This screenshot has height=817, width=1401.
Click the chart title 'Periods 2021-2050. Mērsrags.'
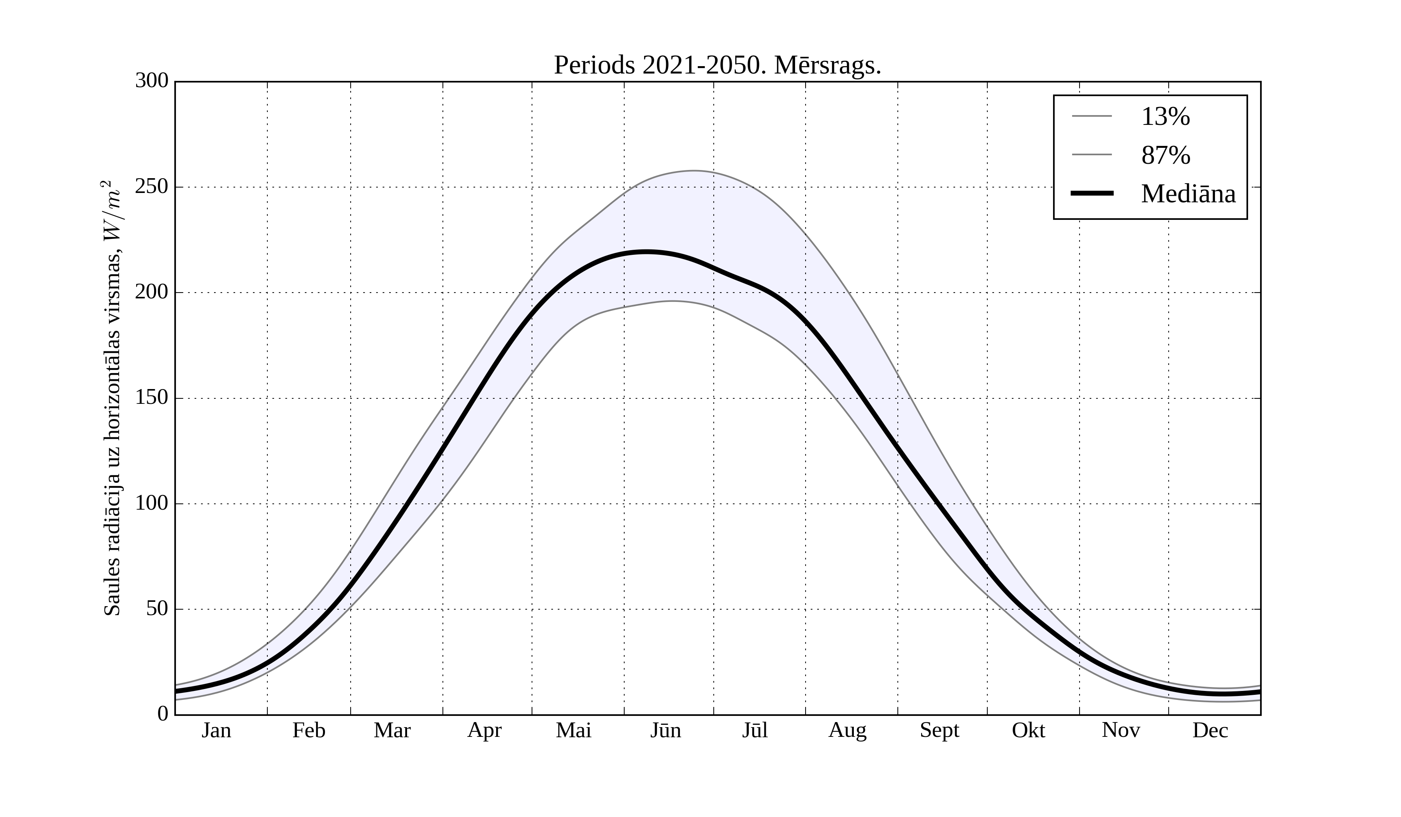717,66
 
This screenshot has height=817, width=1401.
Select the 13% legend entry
1165,117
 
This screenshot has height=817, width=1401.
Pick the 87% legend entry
1165,155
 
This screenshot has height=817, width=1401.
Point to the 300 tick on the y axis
152,81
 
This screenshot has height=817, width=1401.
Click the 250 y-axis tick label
152,187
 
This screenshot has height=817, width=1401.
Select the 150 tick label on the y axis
152,398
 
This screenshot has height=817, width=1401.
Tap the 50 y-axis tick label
157,609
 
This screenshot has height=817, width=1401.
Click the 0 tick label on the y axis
163,714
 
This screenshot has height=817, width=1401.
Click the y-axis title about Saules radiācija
112,398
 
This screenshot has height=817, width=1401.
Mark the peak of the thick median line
646,252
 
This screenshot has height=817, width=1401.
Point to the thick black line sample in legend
1092,193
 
